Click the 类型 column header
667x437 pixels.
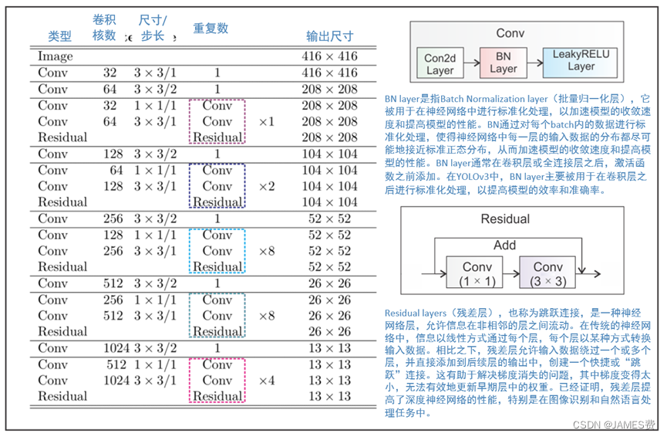tap(59, 36)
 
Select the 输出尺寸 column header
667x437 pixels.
tap(329, 36)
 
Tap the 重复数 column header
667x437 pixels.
tap(211, 29)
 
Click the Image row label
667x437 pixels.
tap(56, 56)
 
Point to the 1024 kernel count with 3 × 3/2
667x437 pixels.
tap(115, 347)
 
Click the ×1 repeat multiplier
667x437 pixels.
tap(266, 122)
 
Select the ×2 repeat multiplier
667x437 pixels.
tap(266, 186)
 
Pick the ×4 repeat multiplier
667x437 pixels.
tap(266, 380)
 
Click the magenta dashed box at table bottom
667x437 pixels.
tap(217, 380)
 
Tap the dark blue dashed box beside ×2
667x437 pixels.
tap(217, 186)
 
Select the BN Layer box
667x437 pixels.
tap(503, 63)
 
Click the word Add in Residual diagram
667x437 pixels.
tap(504, 245)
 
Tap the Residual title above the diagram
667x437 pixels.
tap(505, 218)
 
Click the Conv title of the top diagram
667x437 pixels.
tap(510, 33)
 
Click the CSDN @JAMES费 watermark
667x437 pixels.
tap(625, 425)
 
